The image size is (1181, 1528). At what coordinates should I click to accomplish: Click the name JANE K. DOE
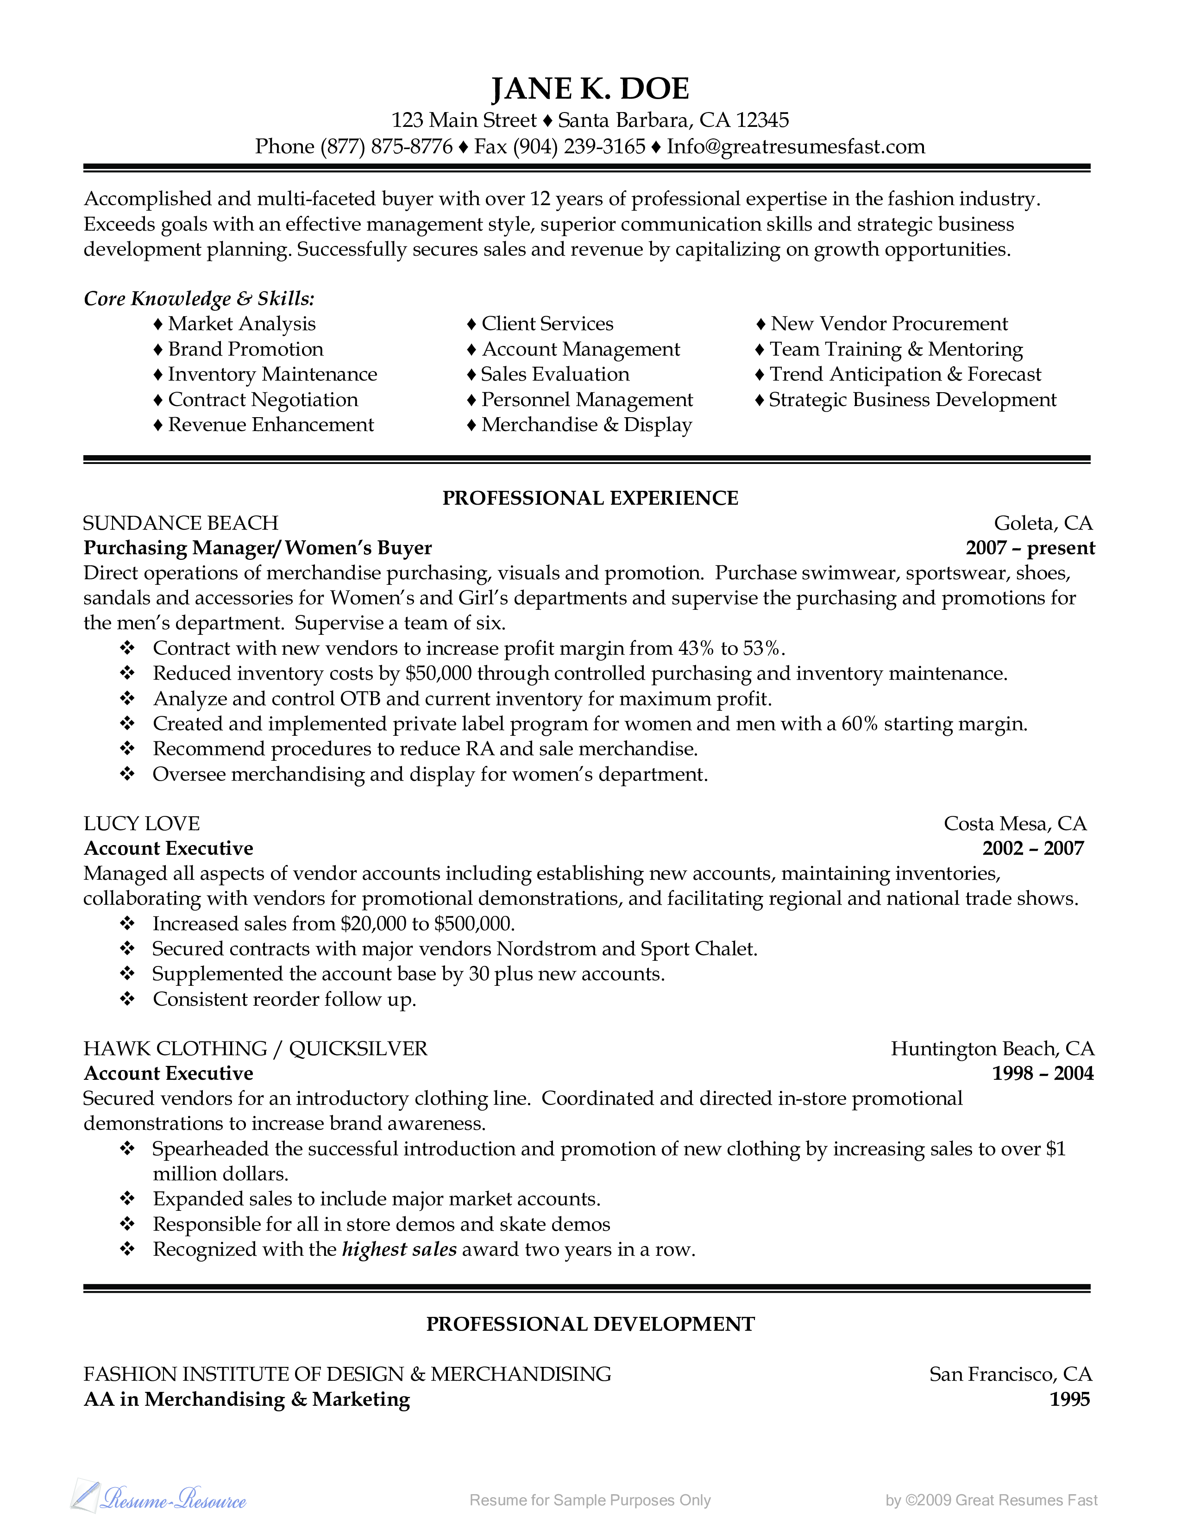[x=590, y=89]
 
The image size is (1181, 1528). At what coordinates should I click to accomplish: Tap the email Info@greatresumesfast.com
[x=796, y=146]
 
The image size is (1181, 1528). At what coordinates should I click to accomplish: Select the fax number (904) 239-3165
[x=579, y=146]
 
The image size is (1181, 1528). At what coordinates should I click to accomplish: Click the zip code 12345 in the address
[x=763, y=120]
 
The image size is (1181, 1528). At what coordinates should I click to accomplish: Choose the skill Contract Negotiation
[x=262, y=400]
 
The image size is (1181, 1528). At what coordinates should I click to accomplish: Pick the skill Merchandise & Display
[x=586, y=425]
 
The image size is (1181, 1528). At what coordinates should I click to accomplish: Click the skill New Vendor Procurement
[x=889, y=324]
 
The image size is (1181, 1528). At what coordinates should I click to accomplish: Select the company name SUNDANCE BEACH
[x=181, y=523]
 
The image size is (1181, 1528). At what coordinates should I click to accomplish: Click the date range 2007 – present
[x=1030, y=548]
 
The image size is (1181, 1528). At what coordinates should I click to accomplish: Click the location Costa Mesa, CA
[x=1014, y=823]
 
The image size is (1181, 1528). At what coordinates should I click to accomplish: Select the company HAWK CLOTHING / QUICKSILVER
[x=255, y=1049]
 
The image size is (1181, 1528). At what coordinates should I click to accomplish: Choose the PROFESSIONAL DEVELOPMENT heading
[x=590, y=1324]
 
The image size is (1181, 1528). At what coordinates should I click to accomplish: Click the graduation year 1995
[x=1070, y=1399]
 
